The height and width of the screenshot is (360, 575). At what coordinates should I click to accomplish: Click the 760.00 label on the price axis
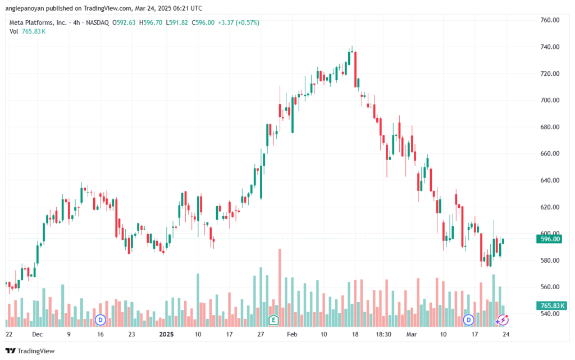pyautogui.click(x=550, y=20)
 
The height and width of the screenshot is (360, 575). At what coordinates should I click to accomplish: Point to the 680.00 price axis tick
pyautogui.click(x=550, y=127)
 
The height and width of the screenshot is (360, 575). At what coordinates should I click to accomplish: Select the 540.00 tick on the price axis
pyautogui.click(x=550, y=314)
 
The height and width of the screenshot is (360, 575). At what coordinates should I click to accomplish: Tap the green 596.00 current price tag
pyautogui.click(x=549, y=239)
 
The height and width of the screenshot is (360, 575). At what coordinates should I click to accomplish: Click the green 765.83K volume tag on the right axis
pyautogui.click(x=551, y=306)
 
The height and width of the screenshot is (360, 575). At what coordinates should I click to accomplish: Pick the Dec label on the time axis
pyautogui.click(x=37, y=334)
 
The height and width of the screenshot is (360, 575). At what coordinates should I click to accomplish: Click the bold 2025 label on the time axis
pyautogui.click(x=166, y=334)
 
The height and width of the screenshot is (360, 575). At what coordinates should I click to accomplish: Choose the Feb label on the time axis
pyautogui.click(x=292, y=334)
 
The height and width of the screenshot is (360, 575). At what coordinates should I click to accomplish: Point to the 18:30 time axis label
pyautogui.click(x=383, y=334)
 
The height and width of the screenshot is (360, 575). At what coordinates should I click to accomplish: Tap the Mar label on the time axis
pyautogui.click(x=412, y=334)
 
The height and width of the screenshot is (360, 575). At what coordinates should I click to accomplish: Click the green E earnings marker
pyautogui.click(x=273, y=320)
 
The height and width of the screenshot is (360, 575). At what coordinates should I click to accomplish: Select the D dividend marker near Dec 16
pyautogui.click(x=100, y=320)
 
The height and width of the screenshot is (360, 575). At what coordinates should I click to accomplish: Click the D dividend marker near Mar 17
pyautogui.click(x=468, y=320)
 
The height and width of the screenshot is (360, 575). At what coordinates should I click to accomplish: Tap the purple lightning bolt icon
pyautogui.click(x=503, y=320)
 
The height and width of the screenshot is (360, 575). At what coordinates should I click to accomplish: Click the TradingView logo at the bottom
pyautogui.click(x=30, y=351)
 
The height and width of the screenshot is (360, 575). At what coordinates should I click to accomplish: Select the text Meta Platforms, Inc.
pyautogui.click(x=38, y=22)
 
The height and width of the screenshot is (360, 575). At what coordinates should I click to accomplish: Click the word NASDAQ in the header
pyautogui.click(x=97, y=22)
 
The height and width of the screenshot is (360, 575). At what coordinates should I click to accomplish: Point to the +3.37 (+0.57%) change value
pyautogui.click(x=239, y=22)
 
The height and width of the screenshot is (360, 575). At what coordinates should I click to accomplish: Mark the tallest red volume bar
pyautogui.click(x=280, y=288)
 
